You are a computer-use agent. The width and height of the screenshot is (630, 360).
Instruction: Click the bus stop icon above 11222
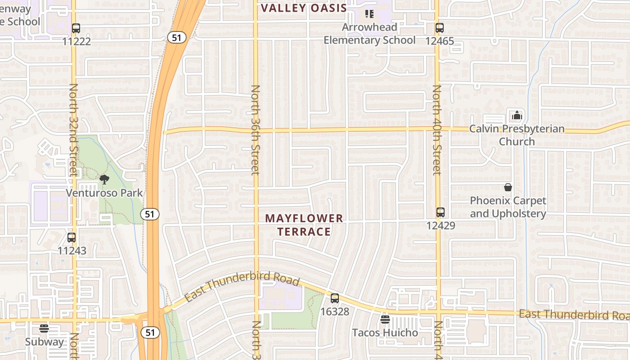pos(76,28)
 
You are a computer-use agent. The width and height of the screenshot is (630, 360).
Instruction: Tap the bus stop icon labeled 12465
pos(440,28)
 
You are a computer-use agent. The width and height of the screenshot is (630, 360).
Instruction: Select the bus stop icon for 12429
pos(441,212)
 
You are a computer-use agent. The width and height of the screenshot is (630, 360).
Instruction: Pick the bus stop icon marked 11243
pos(72,238)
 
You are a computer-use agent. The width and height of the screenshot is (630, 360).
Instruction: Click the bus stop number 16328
pos(334,311)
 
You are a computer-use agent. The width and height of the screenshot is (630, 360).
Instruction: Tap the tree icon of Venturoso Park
pos(104,180)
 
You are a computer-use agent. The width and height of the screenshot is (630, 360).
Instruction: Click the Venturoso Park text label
pos(104,193)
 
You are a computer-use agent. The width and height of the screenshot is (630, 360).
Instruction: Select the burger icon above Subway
pos(44,328)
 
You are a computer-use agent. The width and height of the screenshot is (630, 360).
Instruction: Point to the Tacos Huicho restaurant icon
pos(385,319)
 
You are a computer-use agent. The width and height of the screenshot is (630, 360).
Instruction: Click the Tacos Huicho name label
pos(385,333)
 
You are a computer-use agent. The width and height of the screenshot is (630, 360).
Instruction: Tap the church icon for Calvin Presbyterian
pos(517,115)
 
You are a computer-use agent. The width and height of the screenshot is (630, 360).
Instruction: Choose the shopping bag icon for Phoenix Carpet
pos(508,187)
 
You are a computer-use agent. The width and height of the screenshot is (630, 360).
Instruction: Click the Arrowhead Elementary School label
pos(369,34)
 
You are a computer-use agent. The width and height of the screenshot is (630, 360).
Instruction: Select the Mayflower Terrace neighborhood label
pos(304,225)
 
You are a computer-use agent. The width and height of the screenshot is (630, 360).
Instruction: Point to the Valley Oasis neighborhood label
pos(304,8)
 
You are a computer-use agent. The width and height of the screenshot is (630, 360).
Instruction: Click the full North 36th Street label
pos(256,130)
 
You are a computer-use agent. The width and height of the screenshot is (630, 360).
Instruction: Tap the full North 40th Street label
pos(437,130)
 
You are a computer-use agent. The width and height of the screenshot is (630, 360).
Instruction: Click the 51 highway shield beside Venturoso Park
pos(150,214)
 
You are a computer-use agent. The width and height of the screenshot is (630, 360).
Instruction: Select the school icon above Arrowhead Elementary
pos(369,14)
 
